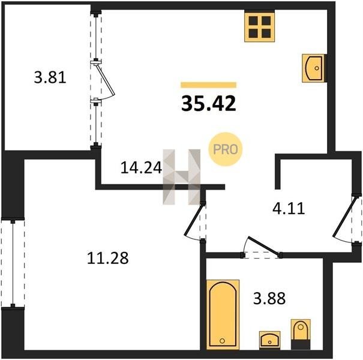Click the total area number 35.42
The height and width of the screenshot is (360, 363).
pos(209,103)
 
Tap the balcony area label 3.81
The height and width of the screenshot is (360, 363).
pos(50,77)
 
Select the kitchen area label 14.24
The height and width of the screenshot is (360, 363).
pos(141,167)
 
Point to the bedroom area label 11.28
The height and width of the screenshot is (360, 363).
pos(107,258)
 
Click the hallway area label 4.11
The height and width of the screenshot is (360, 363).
pos(289,208)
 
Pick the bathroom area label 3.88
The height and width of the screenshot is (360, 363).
pos(269,298)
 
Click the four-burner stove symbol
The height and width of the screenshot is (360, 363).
pos(260,28)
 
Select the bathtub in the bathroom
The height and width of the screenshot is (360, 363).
pos(223,314)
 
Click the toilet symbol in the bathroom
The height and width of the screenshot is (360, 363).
pos(301,334)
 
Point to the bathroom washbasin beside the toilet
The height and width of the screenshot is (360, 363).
pos(270,340)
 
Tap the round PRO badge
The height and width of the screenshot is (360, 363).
pos(225,149)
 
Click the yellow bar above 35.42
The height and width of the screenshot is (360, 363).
pos(209,85)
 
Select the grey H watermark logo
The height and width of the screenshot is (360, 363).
pos(182,177)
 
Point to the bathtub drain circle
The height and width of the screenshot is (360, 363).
pos(222,341)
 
